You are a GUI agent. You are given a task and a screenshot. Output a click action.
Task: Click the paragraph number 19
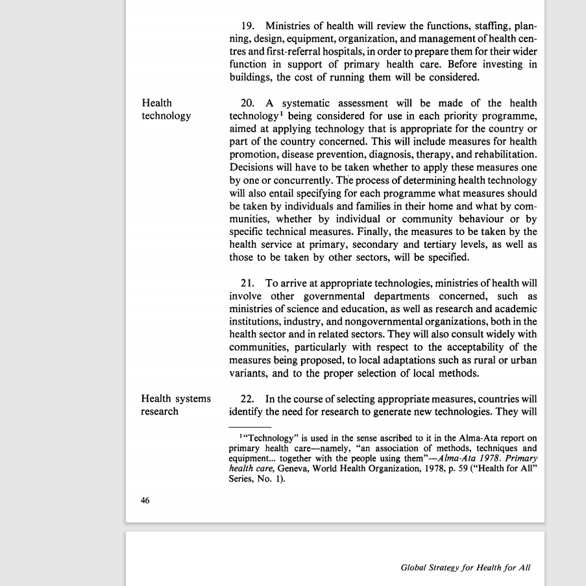pyautogui.click(x=247, y=27)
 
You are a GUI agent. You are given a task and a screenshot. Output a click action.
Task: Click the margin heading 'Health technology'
pyautogui.click(x=166, y=109)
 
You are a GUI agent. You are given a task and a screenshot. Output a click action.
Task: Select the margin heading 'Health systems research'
pyautogui.click(x=176, y=405)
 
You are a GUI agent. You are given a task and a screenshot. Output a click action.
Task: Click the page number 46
pyautogui.click(x=145, y=500)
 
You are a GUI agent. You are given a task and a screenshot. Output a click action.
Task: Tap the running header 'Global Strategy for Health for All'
pyautogui.click(x=465, y=567)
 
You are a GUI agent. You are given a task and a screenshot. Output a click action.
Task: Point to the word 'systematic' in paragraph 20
pyautogui.click(x=306, y=103)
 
